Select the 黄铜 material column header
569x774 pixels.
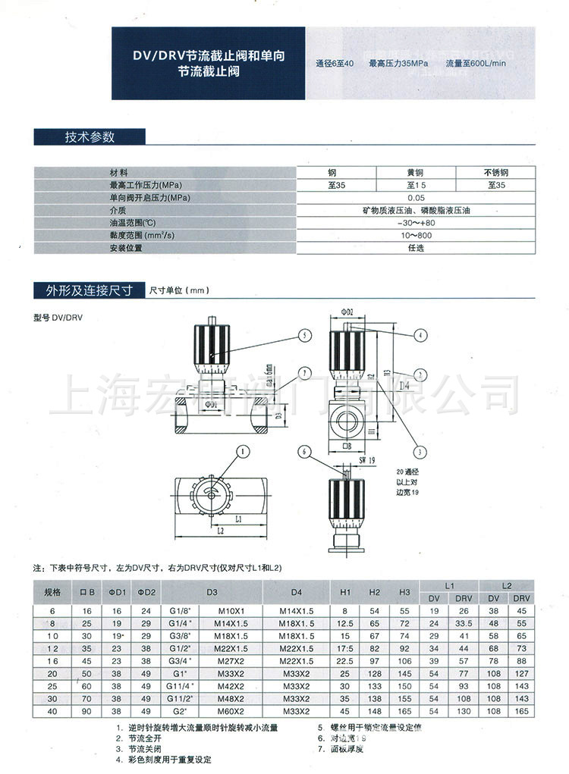point(417,172)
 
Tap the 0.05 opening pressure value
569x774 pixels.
point(416,197)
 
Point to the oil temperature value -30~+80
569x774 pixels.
point(416,223)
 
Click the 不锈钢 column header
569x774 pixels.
point(496,172)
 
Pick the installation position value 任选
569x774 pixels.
point(416,248)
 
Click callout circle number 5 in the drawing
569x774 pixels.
point(303,334)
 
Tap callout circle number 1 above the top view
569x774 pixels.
point(244,452)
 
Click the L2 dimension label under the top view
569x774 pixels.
point(220,532)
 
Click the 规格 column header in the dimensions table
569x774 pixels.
point(52,592)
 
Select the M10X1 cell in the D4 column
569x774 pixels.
point(229,610)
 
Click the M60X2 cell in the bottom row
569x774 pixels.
point(229,711)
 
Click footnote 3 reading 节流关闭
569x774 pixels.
point(143,748)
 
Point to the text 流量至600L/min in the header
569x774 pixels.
point(476,64)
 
